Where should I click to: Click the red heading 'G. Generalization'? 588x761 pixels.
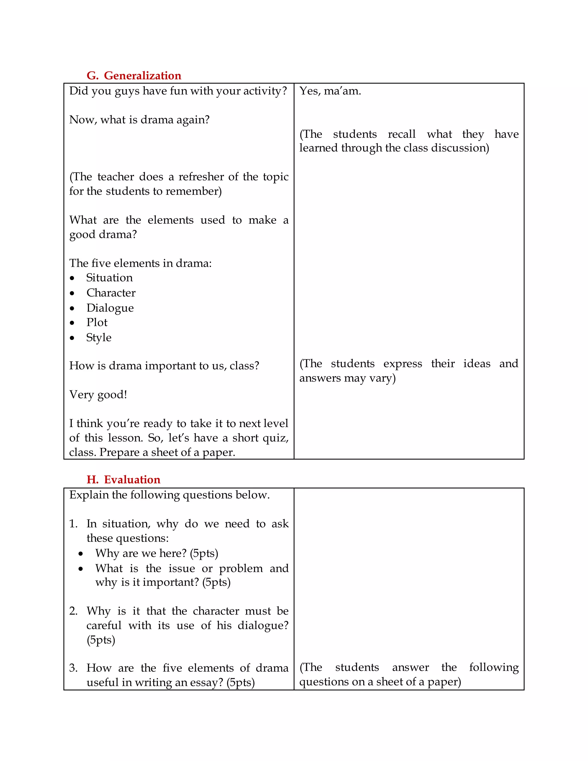(134, 76)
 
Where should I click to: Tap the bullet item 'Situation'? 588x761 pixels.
(109, 278)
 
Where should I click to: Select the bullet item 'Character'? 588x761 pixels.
(111, 293)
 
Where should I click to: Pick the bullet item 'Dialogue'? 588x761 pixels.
(110, 308)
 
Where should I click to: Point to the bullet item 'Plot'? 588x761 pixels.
(97, 323)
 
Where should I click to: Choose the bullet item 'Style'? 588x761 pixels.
(99, 338)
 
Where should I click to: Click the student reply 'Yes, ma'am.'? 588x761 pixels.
(330, 91)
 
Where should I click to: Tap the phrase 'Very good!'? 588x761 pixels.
(98, 395)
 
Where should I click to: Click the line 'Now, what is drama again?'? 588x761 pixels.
(139, 120)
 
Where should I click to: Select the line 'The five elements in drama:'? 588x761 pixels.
(140, 263)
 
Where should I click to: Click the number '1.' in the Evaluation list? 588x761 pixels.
(73, 524)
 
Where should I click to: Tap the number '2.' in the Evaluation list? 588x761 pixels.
(73, 611)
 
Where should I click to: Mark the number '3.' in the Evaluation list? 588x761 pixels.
(73, 668)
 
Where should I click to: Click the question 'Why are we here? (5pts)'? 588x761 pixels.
(157, 553)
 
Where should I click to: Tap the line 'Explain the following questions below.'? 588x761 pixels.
(169, 495)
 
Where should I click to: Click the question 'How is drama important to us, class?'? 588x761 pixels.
(164, 366)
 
